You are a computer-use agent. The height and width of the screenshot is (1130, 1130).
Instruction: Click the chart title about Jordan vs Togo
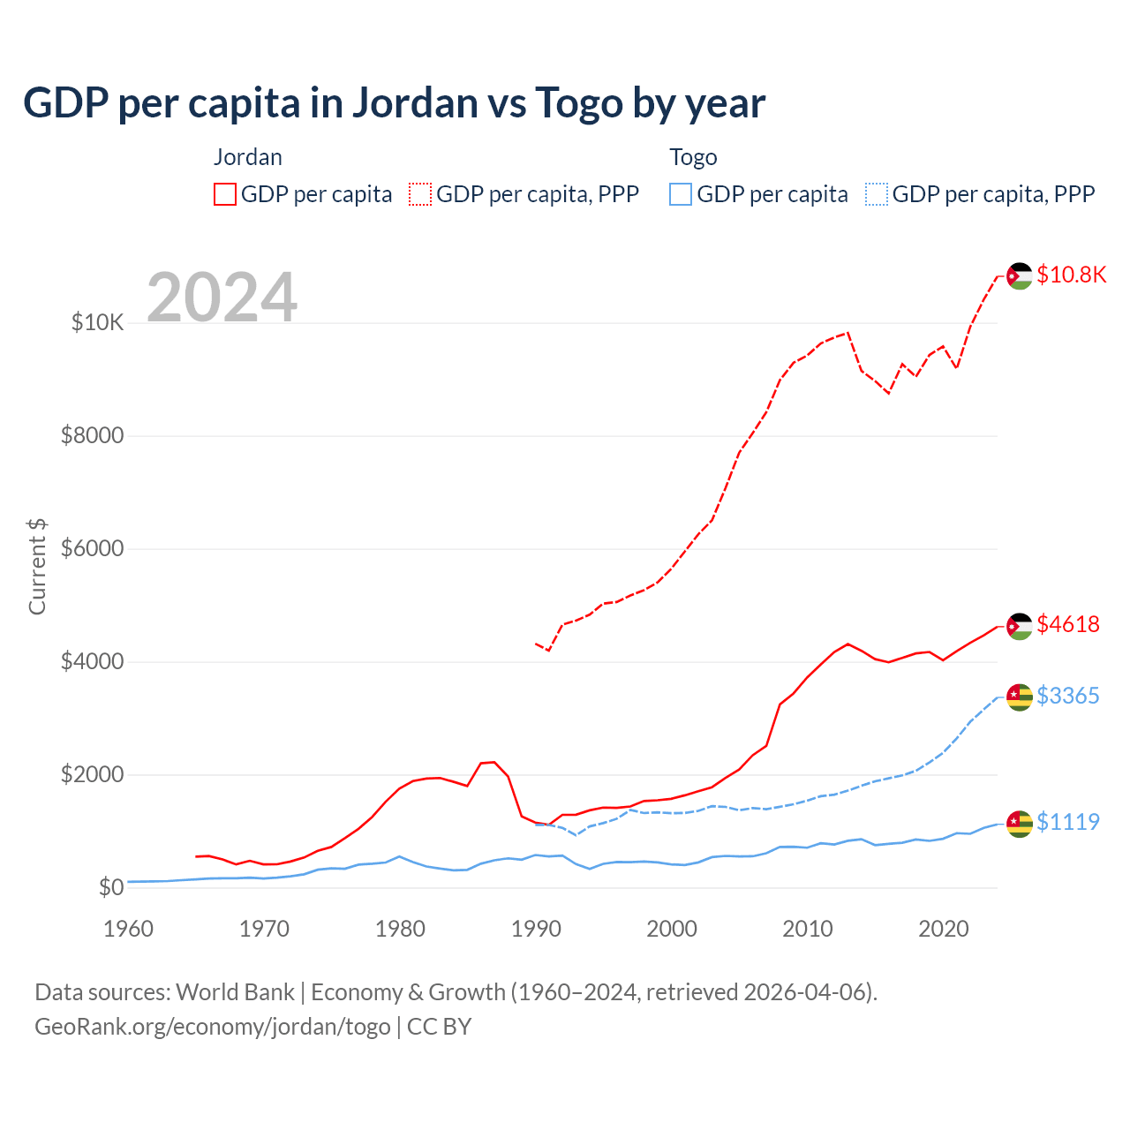(x=394, y=103)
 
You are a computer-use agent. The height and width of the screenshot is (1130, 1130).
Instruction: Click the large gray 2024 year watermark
(x=222, y=298)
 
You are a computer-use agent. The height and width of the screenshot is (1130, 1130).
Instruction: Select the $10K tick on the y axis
(x=97, y=323)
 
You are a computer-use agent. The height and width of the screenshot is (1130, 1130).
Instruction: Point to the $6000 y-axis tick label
(x=92, y=549)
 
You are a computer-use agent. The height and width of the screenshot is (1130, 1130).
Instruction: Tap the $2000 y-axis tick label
(x=92, y=775)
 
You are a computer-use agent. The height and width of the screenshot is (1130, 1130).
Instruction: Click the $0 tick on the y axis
(x=110, y=887)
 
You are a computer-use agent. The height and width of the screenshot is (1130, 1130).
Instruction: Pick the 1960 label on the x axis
(x=129, y=929)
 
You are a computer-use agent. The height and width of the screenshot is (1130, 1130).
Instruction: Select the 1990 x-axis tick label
(x=536, y=929)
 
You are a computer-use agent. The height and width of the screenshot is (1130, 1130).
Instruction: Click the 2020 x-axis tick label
(x=944, y=929)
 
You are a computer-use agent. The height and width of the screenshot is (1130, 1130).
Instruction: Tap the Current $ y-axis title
(x=37, y=567)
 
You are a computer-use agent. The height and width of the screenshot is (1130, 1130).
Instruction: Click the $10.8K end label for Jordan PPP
(x=1071, y=275)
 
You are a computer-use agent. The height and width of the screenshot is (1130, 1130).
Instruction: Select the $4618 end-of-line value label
(x=1068, y=624)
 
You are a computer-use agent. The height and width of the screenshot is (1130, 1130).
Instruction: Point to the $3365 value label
(x=1068, y=696)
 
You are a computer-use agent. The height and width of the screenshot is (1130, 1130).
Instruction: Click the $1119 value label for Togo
(x=1068, y=822)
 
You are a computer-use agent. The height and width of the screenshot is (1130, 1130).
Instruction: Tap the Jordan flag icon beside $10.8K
(x=1020, y=275)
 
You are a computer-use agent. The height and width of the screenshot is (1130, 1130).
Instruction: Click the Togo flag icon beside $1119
(x=1020, y=823)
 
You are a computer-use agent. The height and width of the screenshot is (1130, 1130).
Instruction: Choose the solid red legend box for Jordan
(x=225, y=194)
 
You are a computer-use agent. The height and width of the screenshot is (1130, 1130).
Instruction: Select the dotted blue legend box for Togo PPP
(x=877, y=194)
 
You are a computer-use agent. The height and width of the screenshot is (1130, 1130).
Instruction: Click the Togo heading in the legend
(x=693, y=157)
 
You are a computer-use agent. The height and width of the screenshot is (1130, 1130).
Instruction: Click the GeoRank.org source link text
(x=212, y=1027)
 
